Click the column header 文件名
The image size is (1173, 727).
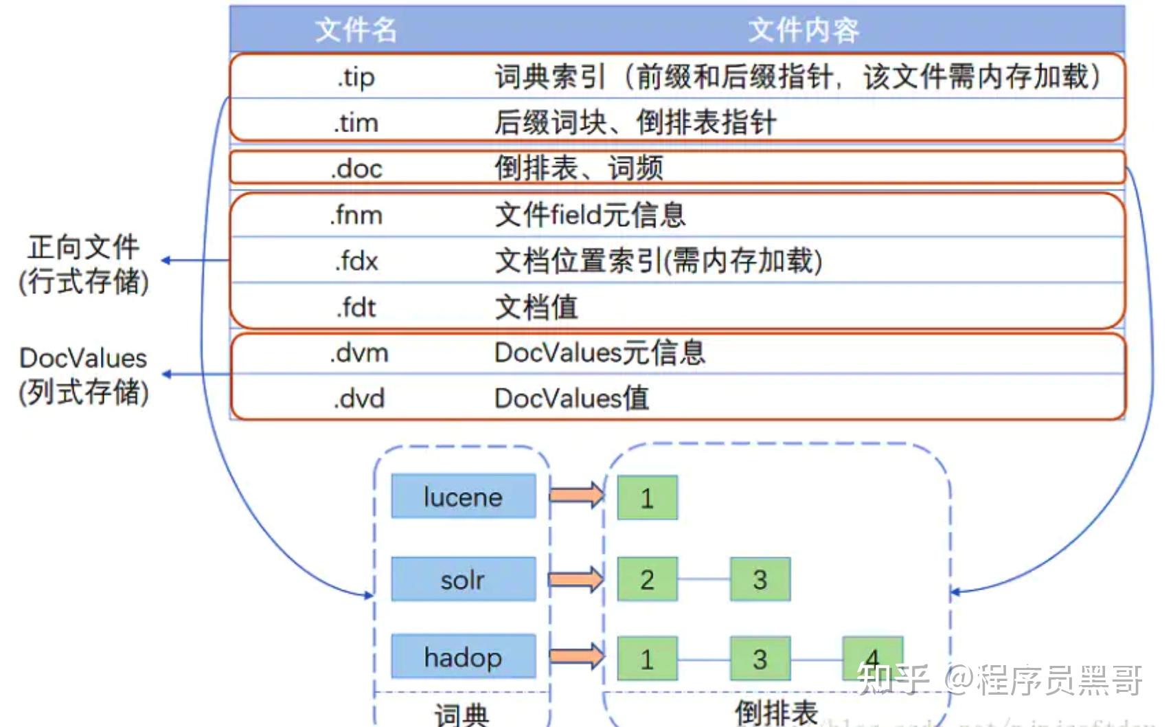(356, 30)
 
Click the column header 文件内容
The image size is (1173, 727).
(803, 30)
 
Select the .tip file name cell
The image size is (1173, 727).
(356, 77)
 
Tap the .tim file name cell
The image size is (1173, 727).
(356, 123)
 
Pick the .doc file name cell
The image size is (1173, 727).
(356, 168)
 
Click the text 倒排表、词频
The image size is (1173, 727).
(578, 168)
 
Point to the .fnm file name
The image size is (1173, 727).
(356, 215)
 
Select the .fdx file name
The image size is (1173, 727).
(356, 261)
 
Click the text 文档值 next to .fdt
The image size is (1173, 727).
(536, 307)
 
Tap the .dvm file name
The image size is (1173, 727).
(358, 353)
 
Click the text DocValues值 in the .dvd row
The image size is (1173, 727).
(571, 399)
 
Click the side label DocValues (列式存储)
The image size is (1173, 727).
(84, 375)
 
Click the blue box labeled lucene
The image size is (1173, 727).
(463, 496)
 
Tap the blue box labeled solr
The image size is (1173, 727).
(463, 579)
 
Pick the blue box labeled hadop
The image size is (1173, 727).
(463, 657)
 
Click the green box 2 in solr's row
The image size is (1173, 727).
(647, 579)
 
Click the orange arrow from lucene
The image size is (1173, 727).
(576, 495)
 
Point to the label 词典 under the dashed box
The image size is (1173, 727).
(462, 715)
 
